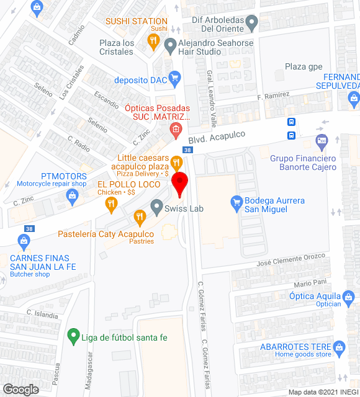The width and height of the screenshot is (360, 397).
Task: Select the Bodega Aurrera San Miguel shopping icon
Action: pos(236,202)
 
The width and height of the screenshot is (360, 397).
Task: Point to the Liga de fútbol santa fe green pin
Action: pos(73,337)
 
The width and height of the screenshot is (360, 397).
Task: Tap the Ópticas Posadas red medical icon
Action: pos(176,130)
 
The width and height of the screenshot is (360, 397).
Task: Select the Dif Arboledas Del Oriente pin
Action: pos(251,24)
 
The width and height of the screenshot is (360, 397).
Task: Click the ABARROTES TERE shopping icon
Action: pos(338,345)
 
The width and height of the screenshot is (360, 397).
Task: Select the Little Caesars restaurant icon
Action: pos(177,163)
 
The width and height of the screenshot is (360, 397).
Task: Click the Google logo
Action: pos(20,390)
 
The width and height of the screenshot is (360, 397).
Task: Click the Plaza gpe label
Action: pos(304,66)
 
